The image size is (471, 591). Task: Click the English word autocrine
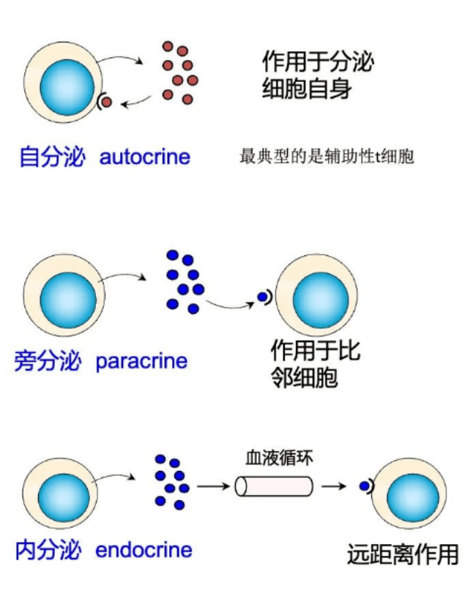point(144,157)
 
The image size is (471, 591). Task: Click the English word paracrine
point(141,361)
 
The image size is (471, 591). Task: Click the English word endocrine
point(144,550)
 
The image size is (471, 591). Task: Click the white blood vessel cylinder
point(274,486)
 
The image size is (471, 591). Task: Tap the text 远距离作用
point(403,554)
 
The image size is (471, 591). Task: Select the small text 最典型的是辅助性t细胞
point(327,157)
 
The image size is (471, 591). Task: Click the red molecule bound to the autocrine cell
point(106,102)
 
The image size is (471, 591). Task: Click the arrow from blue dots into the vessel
point(212,486)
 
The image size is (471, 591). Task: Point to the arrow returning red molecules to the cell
point(137,103)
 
